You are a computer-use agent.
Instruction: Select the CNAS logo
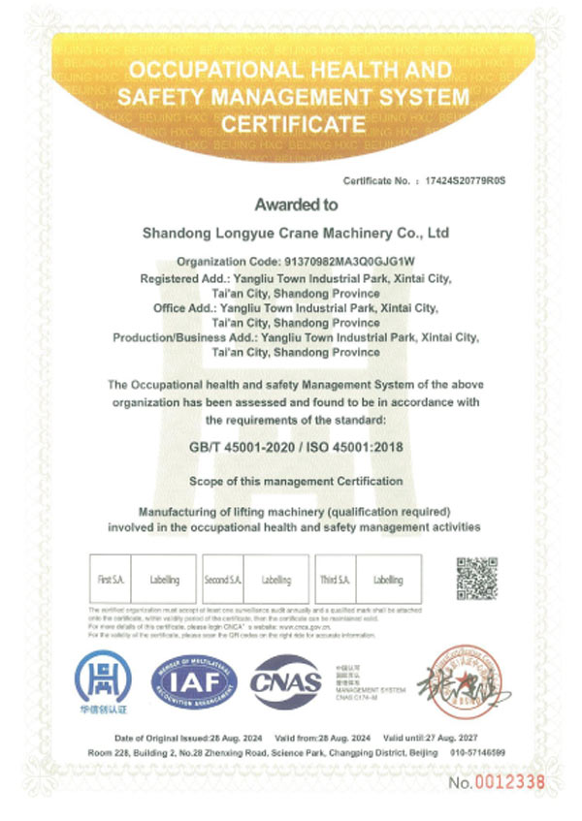click(x=287, y=682)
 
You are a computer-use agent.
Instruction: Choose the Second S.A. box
click(x=223, y=580)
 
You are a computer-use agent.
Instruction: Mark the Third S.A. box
click(x=336, y=580)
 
